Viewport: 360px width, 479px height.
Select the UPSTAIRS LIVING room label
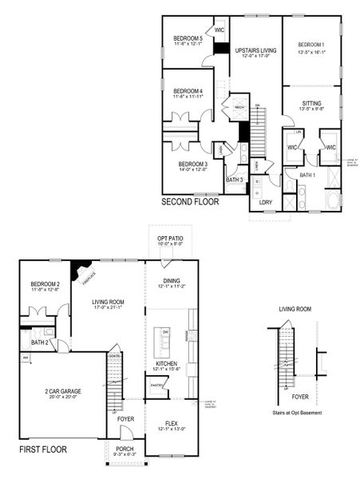click(x=255, y=50)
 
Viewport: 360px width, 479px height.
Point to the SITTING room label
click(x=312, y=103)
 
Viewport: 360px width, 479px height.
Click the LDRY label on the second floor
click(x=266, y=202)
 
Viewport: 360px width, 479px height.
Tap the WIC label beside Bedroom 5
click(x=219, y=30)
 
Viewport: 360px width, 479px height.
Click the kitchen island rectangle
click(x=166, y=342)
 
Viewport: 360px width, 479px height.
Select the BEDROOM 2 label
click(x=45, y=284)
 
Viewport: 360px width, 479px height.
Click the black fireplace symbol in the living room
click(x=79, y=271)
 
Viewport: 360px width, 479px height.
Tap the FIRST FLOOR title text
click(x=43, y=450)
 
